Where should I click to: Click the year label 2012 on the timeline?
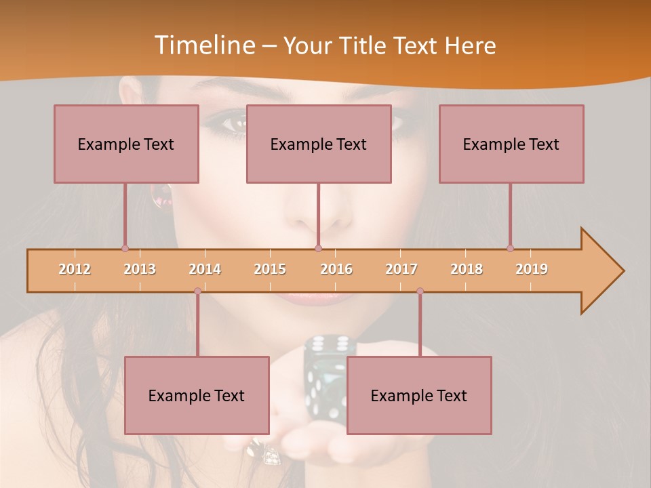click(75, 269)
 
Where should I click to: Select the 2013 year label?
click(140, 269)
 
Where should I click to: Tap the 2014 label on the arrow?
click(205, 269)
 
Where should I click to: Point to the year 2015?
click(270, 269)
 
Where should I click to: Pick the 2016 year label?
click(336, 269)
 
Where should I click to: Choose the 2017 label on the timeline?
click(401, 269)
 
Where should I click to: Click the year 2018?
click(467, 269)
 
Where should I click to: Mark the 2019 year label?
click(532, 269)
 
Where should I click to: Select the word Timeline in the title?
click(203, 45)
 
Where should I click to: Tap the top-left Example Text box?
click(126, 144)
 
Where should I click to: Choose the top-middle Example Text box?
click(319, 144)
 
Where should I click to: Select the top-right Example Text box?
click(511, 144)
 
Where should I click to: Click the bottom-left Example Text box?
click(197, 395)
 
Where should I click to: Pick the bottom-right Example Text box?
click(419, 395)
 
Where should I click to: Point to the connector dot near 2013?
click(125, 248)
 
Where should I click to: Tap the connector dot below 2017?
click(420, 291)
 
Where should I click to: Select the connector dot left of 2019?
click(510, 248)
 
